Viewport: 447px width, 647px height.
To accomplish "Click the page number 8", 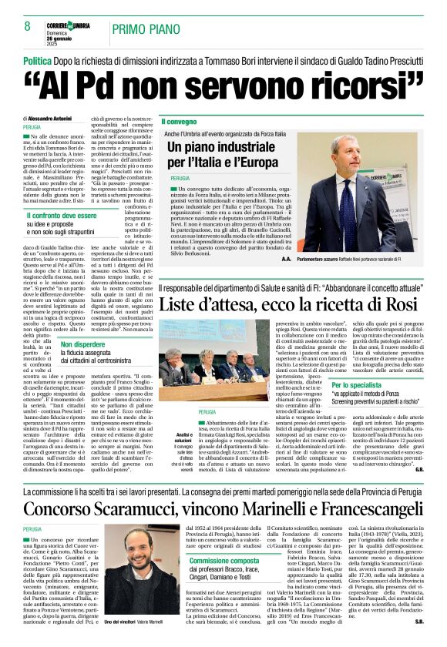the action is click(27, 25).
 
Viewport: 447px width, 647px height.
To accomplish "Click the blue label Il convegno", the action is click(179, 122).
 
